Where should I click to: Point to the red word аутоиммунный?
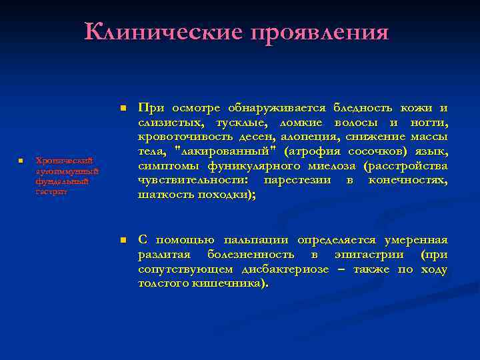pos(67,171)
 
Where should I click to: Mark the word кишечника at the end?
pos(234,283)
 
